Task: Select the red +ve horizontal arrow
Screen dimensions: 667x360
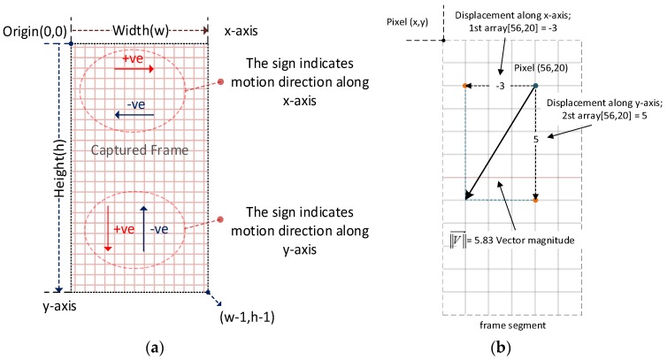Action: pyautogui.click(x=134, y=67)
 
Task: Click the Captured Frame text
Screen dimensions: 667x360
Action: pyautogui.click(x=140, y=150)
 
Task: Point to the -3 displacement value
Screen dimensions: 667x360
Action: pyautogui.click(x=501, y=86)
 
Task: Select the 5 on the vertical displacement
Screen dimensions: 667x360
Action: pyautogui.click(x=536, y=140)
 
